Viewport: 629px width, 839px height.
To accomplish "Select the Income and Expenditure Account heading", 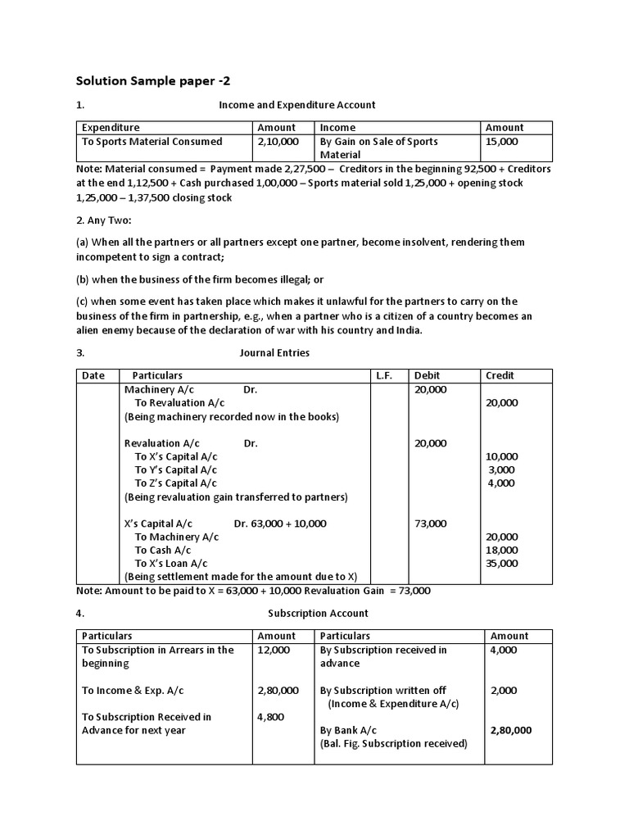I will pyautogui.click(x=297, y=105).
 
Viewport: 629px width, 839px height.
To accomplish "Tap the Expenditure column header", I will pyautogui.click(x=111, y=128).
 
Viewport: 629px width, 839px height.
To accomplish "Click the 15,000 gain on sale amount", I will pyautogui.click(x=502, y=142).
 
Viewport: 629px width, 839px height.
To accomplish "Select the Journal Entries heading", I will pyautogui.click(x=274, y=353).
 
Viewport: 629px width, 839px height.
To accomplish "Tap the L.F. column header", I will pyautogui.click(x=384, y=376).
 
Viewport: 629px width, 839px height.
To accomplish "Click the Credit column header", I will pyautogui.click(x=500, y=376).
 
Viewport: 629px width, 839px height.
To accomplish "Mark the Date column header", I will pyautogui.click(x=94, y=376).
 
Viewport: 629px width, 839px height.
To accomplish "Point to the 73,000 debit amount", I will pyautogui.click(x=431, y=524).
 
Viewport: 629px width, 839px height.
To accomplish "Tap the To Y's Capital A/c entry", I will pyautogui.click(x=175, y=470).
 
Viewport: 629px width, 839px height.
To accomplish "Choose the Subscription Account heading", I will pyautogui.click(x=318, y=613).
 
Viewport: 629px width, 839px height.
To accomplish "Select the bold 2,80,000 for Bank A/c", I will pyautogui.click(x=511, y=730).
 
